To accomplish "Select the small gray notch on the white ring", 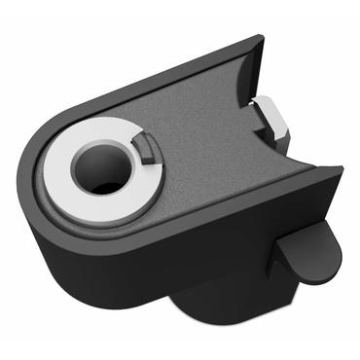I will click(145, 148).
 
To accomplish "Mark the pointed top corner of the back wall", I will click(259, 41).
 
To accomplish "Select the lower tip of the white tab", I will click(277, 136).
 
